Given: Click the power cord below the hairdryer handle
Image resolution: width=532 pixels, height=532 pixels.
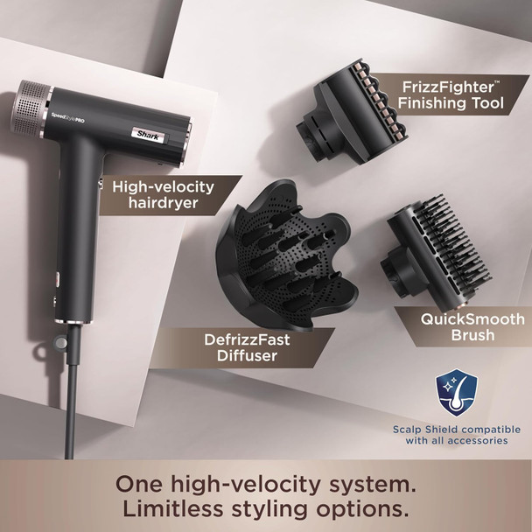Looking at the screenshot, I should click(x=65, y=411).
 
